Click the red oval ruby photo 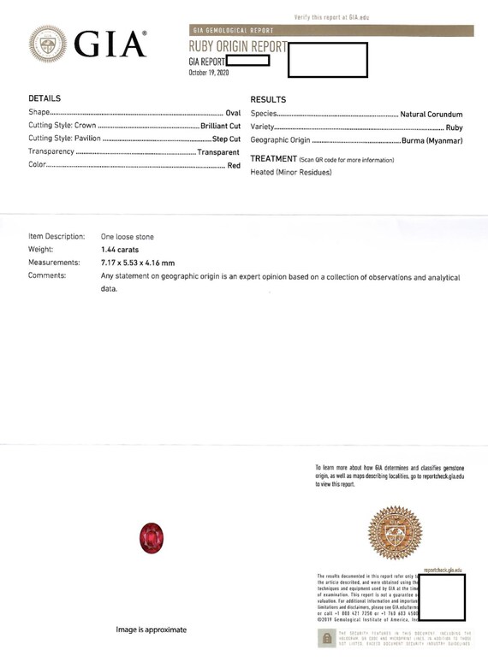click(151, 539)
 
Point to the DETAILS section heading click(45, 99)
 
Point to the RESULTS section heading click(268, 100)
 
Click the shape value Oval click(233, 113)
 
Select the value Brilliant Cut click(220, 127)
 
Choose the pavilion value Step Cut click(226, 139)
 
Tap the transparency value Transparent click(218, 152)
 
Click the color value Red click(234, 166)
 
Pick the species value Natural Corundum click(431, 114)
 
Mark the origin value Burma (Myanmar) click(431, 140)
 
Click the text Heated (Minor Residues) click(291, 172)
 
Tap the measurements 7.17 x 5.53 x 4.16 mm click(138, 263)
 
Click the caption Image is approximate click(152, 630)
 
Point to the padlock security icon click(326, 638)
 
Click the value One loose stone click(128, 235)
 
